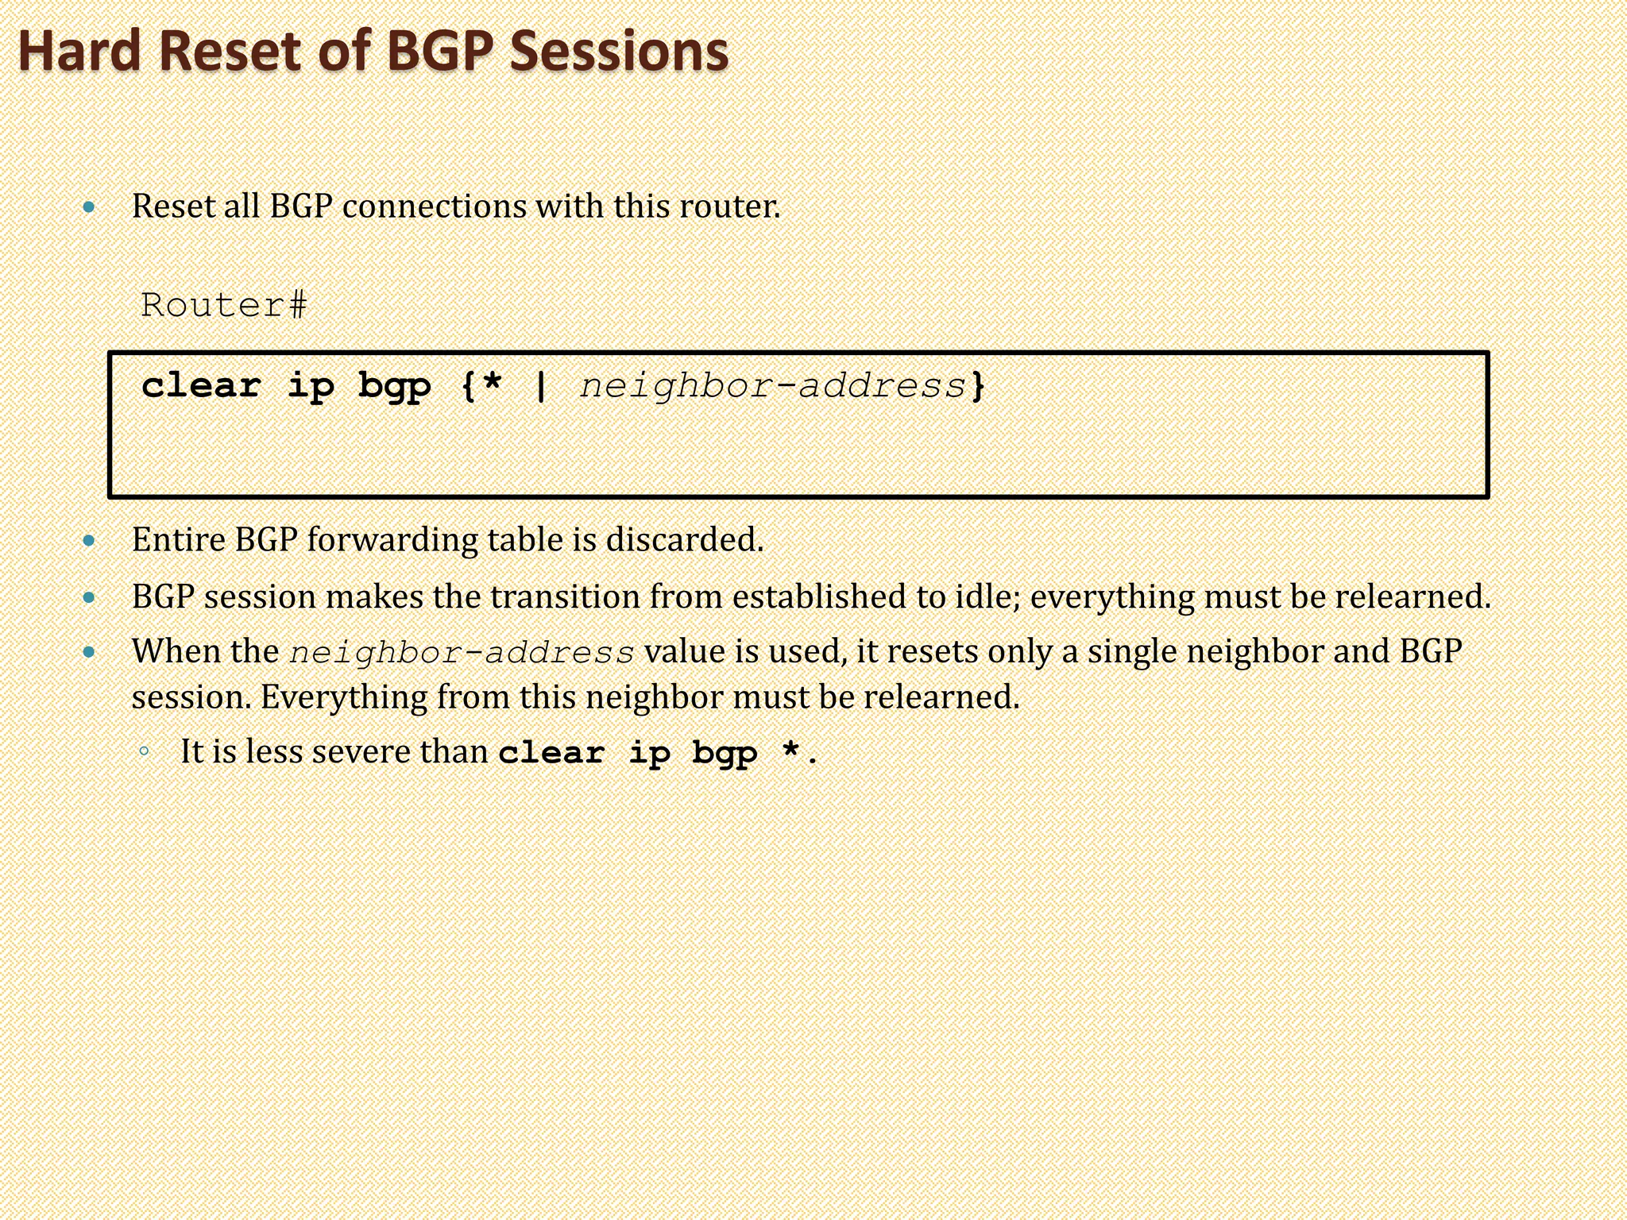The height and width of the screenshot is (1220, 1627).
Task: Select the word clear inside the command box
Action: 201,386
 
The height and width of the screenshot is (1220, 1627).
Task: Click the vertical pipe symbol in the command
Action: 541,386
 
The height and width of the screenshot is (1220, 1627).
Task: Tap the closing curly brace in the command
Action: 978,386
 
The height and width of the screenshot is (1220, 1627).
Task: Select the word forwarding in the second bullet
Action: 392,540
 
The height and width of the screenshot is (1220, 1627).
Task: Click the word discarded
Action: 684,540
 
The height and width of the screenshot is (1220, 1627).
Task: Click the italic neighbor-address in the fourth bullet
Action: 462,653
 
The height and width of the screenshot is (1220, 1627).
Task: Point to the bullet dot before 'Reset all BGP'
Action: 89,208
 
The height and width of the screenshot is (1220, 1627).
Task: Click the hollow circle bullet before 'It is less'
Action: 144,751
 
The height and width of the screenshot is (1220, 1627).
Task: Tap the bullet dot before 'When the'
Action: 89,653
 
